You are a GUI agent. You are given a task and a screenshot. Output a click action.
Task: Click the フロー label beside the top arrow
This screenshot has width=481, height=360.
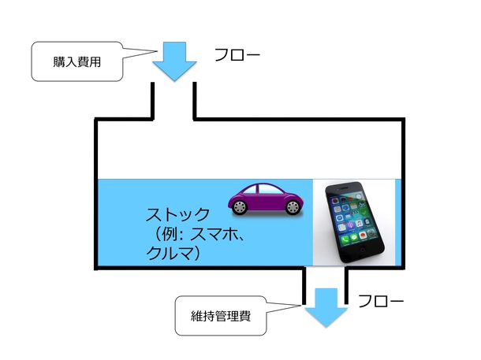236,56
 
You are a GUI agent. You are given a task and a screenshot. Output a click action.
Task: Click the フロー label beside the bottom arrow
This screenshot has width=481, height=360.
381,302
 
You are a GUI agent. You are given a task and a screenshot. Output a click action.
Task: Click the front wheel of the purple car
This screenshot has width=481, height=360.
293,207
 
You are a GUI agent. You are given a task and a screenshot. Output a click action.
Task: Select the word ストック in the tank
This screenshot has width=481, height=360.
178,214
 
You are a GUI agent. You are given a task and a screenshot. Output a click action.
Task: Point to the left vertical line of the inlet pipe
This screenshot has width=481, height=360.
152,99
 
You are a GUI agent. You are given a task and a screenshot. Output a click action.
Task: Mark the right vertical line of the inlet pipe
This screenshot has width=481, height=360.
194,99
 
